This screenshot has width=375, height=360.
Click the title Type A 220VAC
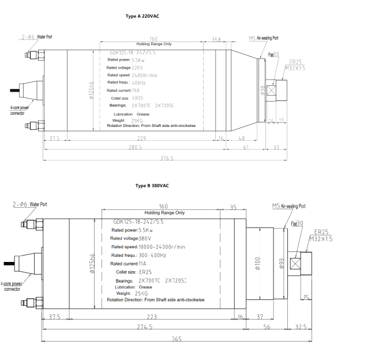142,16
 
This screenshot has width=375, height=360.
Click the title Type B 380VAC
152,186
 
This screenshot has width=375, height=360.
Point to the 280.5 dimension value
136,148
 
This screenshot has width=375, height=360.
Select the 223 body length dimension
152,317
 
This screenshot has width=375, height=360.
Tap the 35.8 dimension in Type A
216,39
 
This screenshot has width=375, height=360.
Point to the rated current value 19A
136,91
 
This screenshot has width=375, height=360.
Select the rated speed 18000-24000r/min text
162,247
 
